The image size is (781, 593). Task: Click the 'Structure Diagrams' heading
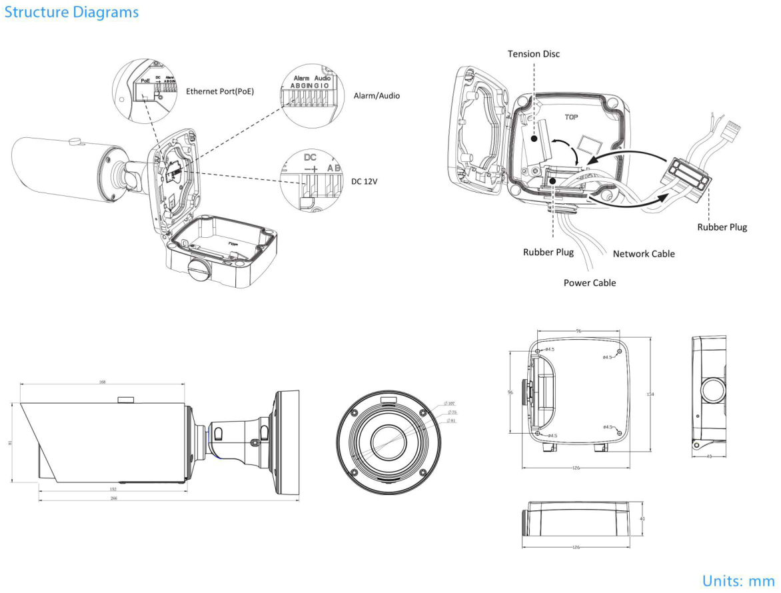71,12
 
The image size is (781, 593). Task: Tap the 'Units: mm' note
738,580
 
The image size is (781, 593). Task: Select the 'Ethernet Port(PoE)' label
221,91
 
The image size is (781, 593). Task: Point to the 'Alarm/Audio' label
377,95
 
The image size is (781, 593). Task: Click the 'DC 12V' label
364,181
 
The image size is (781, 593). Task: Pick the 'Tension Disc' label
533,53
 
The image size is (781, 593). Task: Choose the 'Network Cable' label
643,253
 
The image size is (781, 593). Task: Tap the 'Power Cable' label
589,283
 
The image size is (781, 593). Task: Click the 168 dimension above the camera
102,382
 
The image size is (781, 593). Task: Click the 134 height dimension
650,394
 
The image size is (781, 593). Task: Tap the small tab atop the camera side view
125,400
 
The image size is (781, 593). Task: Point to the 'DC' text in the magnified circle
310,158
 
